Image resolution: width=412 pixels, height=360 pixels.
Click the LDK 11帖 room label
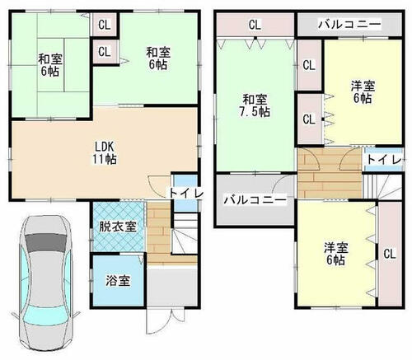pos(105,153)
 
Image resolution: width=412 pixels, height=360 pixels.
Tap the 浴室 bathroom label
pos(118,281)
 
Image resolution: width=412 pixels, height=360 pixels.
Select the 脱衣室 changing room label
pos(118,227)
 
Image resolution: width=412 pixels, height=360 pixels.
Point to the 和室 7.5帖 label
pos(255,105)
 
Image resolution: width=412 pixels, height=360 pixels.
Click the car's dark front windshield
pos(46,242)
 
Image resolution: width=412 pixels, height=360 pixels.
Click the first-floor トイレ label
pos(186,194)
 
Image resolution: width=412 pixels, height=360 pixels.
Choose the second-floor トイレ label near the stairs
pos(384,160)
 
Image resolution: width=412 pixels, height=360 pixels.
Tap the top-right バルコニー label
pos(349,25)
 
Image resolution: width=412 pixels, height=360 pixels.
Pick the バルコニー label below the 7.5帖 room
pos(255,199)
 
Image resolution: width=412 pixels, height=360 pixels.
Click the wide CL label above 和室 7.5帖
pos(255,25)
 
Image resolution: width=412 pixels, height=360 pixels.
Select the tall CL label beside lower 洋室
pos(390,254)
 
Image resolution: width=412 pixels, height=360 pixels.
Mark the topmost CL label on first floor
pos(105,26)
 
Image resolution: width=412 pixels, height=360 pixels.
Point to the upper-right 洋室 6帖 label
pos(363,92)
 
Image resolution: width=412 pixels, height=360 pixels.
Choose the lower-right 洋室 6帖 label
pos(336,254)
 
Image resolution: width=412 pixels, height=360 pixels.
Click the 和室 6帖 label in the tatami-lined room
pos(50,65)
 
